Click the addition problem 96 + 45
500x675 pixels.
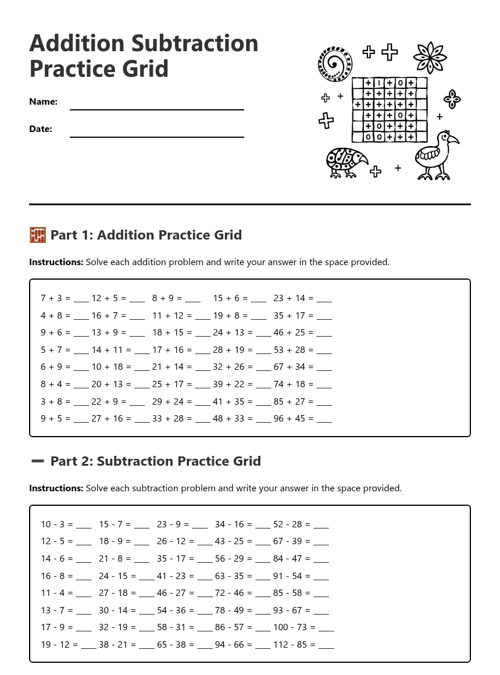[293, 419]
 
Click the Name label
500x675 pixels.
[43, 102]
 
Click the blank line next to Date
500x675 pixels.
[156, 137]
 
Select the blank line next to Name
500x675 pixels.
[156, 109]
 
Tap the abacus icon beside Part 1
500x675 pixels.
[37, 235]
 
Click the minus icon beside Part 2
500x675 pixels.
[37, 461]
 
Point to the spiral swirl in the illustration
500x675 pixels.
[335, 63]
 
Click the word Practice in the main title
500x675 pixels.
[64, 69]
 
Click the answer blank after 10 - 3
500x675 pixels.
[84, 526]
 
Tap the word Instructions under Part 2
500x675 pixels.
[56, 488]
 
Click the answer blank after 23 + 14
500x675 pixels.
[324, 300]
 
